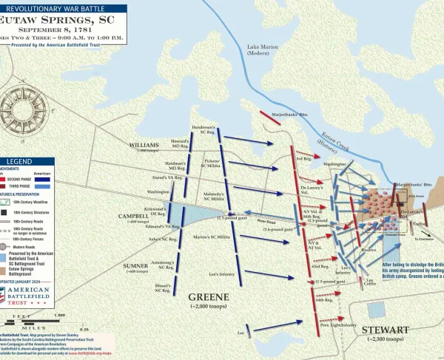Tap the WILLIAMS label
(x=144, y=144)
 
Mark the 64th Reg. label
(x=324, y=300)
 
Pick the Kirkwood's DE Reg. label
(x=153, y=211)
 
